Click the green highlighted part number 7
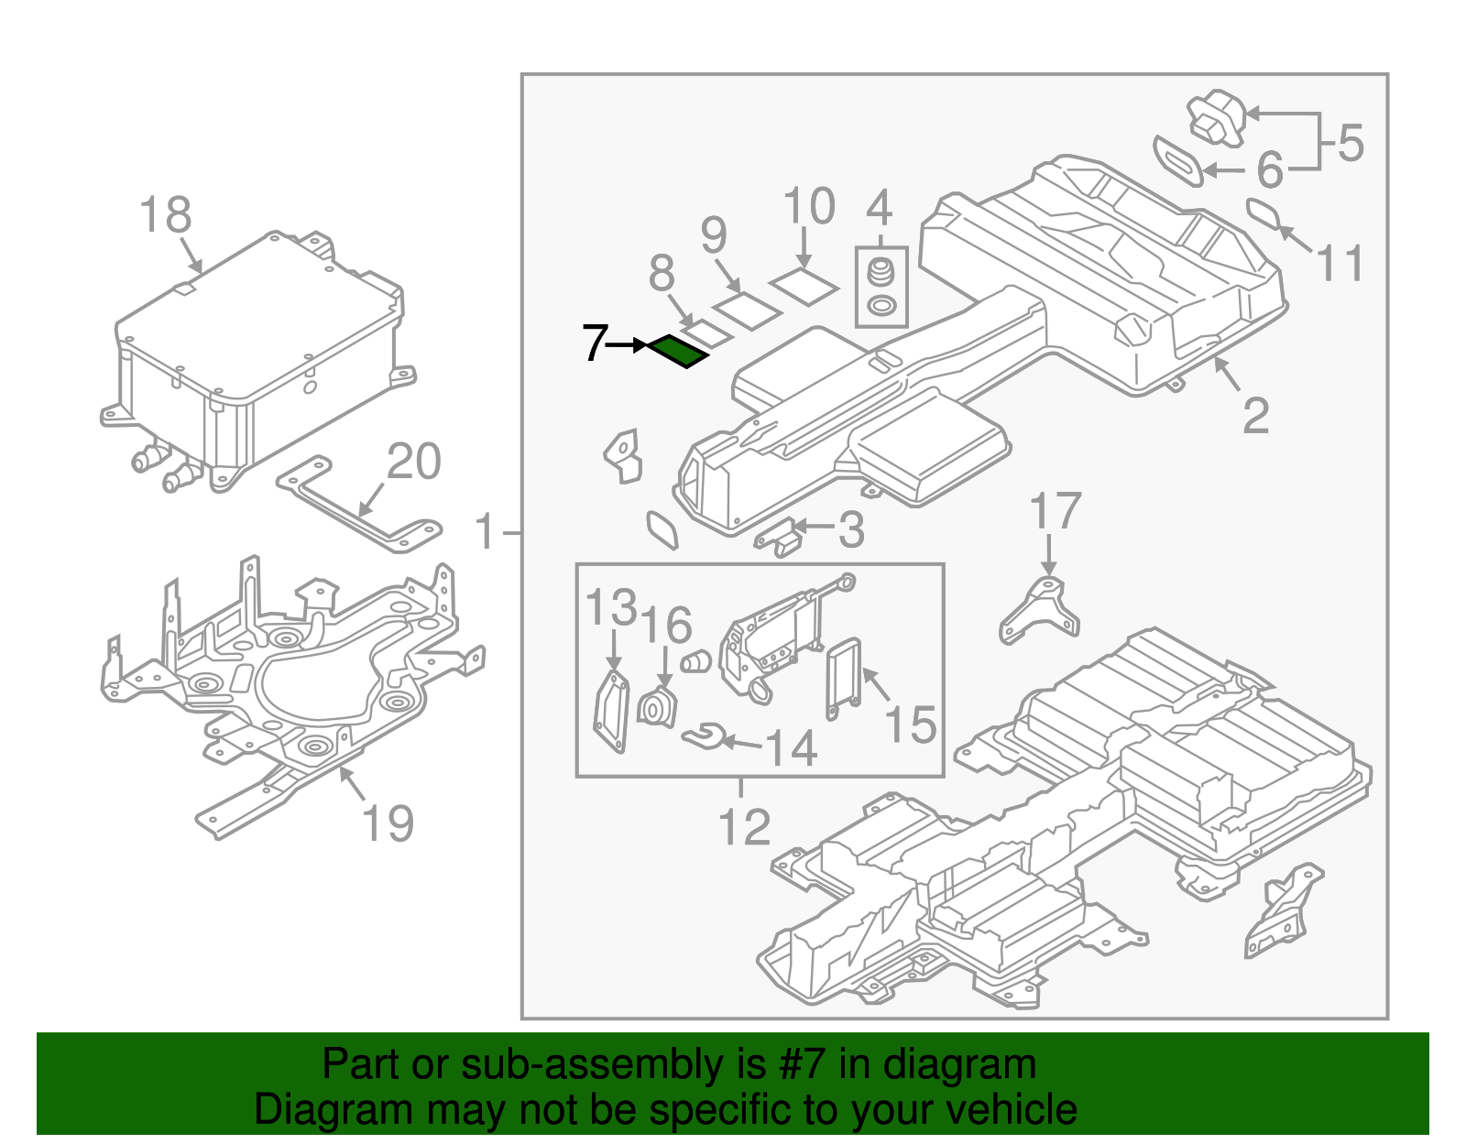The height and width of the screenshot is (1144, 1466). point(679,351)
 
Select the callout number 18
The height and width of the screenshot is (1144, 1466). point(166,216)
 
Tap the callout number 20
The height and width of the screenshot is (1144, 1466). point(413,462)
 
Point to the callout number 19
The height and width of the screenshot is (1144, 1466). point(388,823)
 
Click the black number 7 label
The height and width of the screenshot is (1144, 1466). point(595,343)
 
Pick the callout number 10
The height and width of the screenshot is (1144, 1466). point(809,206)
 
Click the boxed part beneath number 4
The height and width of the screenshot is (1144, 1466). point(881,287)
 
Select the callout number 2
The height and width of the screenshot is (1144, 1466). point(1255,417)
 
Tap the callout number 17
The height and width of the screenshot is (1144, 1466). point(1055,512)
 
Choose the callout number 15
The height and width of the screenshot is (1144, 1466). point(910,725)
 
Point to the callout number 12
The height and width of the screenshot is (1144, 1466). point(744,828)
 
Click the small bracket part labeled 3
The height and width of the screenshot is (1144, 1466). point(779,538)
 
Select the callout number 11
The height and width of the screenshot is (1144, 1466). point(1340,264)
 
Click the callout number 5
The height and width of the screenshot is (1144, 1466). point(1351,144)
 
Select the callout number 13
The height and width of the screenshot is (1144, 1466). point(611,607)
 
